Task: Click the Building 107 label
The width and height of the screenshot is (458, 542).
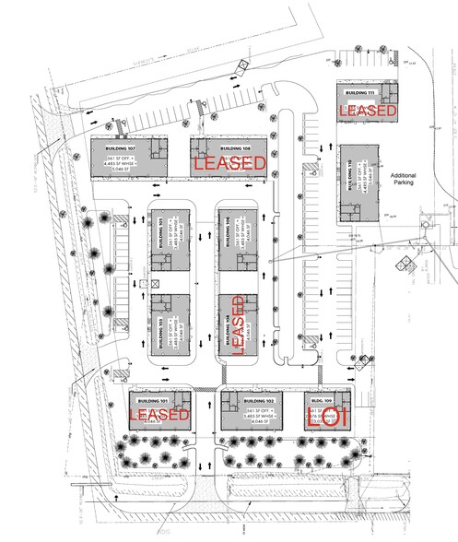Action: click(x=120, y=147)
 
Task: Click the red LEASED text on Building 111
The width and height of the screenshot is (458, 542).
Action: click(x=369, y=111)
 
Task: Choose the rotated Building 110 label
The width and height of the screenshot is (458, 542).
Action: click(x=350, y=183)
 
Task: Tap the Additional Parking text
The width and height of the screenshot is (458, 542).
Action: click(x=404, y=180)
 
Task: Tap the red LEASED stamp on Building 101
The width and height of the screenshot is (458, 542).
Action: click(x=159, y=416)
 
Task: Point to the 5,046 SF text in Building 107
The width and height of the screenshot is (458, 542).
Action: click(x=122, y=171)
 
